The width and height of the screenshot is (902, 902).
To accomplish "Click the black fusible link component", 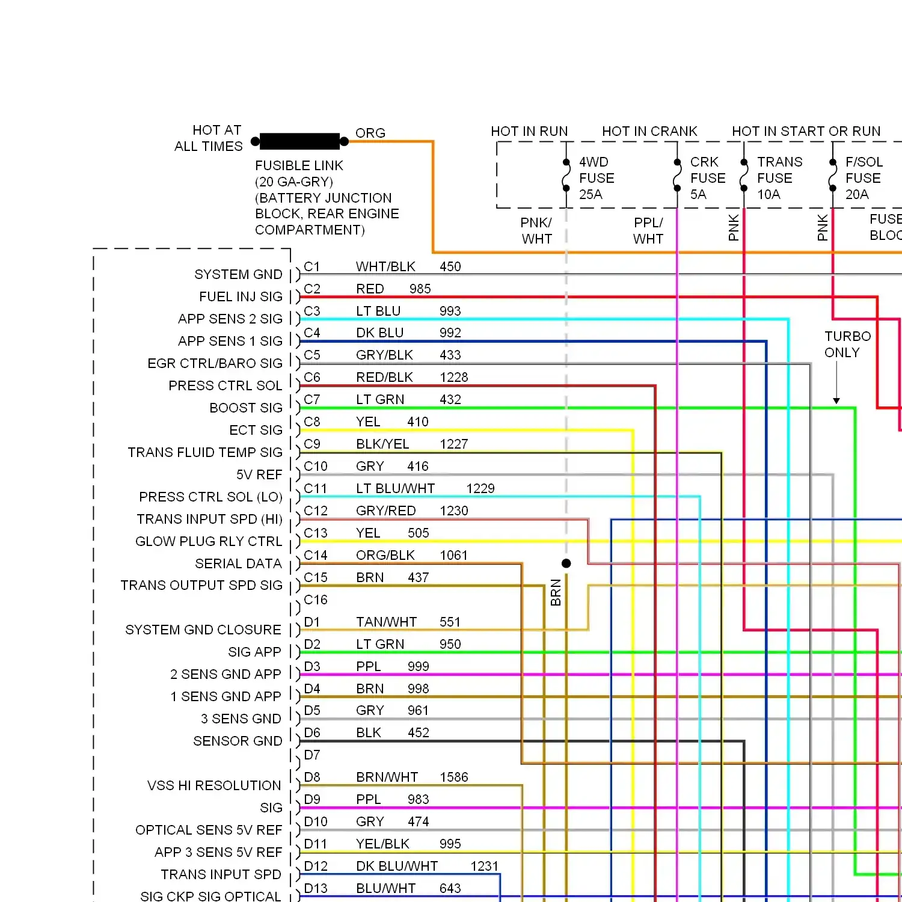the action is [x=299, y=141].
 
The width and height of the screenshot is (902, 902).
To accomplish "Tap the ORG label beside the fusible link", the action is [x=370, y=133].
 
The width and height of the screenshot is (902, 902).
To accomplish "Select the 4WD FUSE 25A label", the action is [x=597, y=178].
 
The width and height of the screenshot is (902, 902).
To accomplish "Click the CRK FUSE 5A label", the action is [x=708, y=178].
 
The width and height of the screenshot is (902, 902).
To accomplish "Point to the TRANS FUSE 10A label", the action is [x=780, y=178].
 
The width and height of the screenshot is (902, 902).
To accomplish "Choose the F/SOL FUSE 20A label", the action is [x=864, y=178].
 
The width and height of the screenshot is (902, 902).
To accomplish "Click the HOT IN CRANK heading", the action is [x=649, y=131].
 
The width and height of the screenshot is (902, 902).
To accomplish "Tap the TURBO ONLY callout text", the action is [x=847, y=344].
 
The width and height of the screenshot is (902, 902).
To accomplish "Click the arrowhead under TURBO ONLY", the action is [x=836, y=400].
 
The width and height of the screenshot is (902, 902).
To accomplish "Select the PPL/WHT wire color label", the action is [x=648, y=231].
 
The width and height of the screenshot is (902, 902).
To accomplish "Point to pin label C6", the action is [x=312, y=377].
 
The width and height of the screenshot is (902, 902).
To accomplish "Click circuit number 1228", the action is [x=454, y=377].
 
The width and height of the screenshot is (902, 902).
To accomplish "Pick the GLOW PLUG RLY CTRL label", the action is [x=209, y=541].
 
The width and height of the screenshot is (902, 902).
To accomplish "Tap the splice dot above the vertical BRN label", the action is [x=566, y=563].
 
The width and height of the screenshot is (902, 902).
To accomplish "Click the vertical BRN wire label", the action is [x=556, y=592].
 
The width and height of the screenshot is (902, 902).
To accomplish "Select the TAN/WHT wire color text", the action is [x=386, y=622].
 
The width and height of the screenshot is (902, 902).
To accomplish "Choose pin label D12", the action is [x=316, y=866].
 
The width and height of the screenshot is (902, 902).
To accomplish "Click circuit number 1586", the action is [x=454, y=777].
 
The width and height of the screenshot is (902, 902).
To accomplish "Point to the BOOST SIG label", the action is [x=246, y=408].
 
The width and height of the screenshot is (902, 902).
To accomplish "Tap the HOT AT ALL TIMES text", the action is [x=209, y=138].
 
